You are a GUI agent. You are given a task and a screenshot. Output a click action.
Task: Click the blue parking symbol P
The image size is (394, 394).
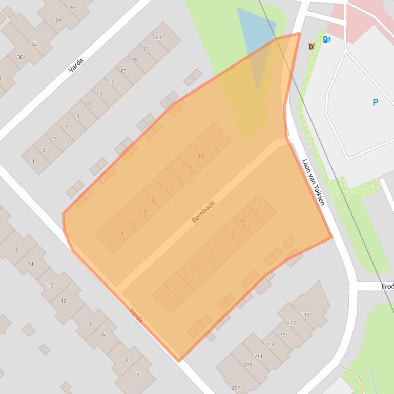click(375, 102)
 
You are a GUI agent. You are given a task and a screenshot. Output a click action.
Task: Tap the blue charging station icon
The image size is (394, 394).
click(326, 39)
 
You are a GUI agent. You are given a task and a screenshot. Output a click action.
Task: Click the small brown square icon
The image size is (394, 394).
click(311, 46)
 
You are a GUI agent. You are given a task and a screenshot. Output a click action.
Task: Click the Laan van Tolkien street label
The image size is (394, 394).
click(313, 182)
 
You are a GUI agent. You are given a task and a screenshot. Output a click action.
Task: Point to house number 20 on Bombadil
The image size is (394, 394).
click(212, 144)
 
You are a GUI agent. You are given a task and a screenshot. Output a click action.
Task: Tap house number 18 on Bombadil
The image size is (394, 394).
click(201, 156)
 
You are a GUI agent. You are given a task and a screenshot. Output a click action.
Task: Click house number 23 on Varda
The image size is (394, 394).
click(158, 37)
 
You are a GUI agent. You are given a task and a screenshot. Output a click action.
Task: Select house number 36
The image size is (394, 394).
click(72, 7)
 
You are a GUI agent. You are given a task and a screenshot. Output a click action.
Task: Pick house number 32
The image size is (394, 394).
click(34, 44)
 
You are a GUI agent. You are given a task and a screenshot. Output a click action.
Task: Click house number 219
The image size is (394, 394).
click(305, 314)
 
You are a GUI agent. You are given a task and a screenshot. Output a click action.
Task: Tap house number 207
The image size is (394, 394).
click(235, 388)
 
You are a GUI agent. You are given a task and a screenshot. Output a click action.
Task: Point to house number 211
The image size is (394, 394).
click(258, 357)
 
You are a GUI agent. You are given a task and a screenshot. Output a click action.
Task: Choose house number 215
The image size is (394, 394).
click(281, 335)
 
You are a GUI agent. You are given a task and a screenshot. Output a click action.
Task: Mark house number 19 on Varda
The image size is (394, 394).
click(135, 60)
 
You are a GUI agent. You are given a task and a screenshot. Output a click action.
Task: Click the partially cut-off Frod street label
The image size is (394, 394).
click(387, 287)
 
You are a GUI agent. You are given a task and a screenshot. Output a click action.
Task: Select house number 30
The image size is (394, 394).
click(20, 57)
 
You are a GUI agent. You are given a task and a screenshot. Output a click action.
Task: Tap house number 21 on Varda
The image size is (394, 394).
click(146, 49)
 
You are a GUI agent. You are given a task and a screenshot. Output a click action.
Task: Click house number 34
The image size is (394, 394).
click(58, 20)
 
